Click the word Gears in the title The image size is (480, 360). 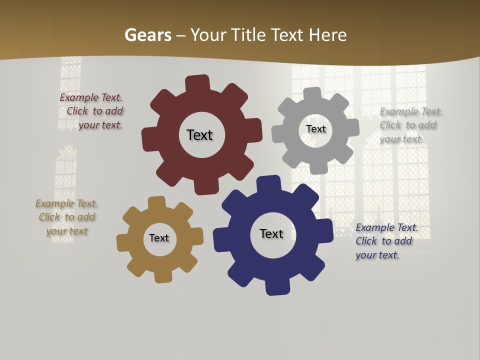(147, 35)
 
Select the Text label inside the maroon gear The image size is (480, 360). (199, 135)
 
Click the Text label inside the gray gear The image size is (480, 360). (315, 129)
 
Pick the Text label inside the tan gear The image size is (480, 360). (159, 238)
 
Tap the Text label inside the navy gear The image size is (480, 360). (271, 233)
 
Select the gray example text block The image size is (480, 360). (410, 125)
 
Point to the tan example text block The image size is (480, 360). (66, 217)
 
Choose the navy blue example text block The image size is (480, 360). (386, 241)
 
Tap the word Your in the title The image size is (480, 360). (206, 35)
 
